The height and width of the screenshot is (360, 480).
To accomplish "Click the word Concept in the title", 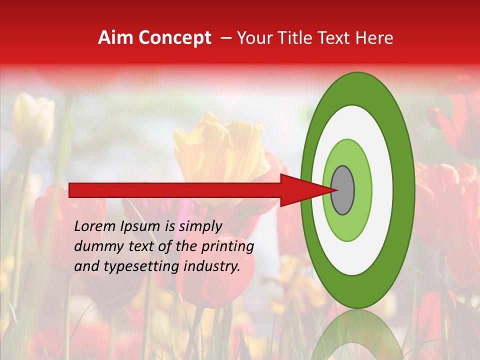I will pyautogui.click(x=174, y=38).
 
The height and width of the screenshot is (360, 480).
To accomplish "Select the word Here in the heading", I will pyautogui.click(x=375, y=38).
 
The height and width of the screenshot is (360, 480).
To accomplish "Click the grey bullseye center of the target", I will pyautogui.click(x=343, y=190).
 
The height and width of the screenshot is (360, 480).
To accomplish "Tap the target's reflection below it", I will pyautogui.click(x=358, y=335).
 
